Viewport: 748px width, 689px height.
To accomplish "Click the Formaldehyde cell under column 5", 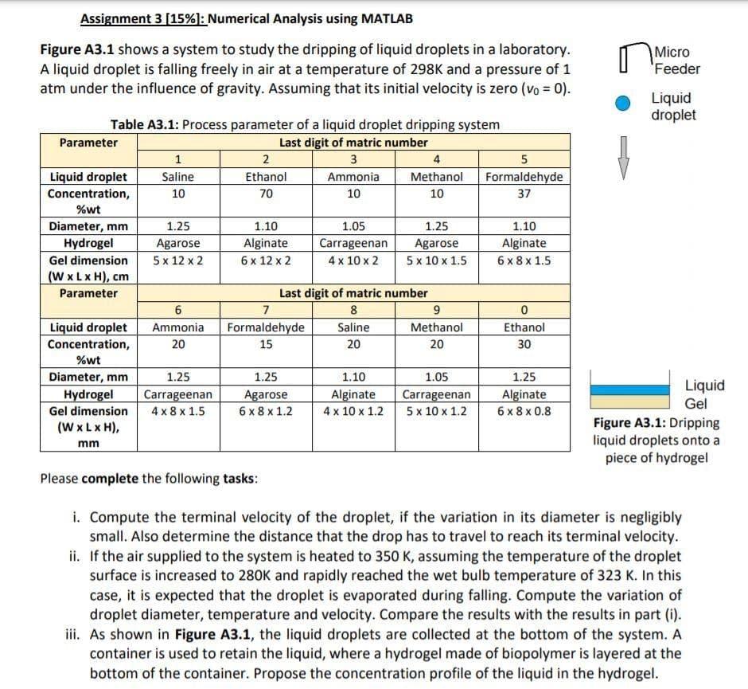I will pos(524,177).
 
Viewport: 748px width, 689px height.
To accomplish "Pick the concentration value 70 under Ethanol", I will pos(266,194).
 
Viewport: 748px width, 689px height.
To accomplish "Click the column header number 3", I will pos(353,160).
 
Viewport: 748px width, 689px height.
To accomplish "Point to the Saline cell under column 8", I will pos(353,327).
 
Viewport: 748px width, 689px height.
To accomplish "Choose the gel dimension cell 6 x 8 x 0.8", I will pos(524,411).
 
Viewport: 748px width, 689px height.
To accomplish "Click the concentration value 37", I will pos(524,194).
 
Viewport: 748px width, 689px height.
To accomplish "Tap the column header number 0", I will pos(524,311).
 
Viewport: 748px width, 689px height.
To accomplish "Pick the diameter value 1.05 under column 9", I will pos(437,378).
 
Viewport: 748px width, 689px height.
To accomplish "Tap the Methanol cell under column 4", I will pos(437,177).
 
